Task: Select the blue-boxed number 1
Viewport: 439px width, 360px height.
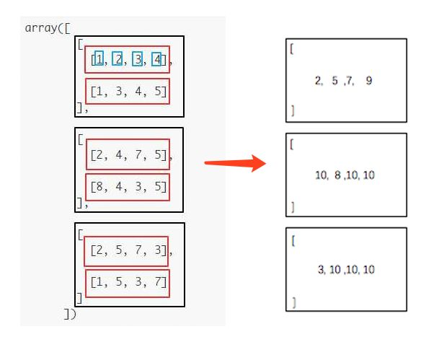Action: click(x=99, y=58)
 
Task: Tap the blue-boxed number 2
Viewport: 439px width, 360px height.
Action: click(x=117, y=58)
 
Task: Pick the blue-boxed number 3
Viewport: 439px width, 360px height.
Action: click(x=137, y=58)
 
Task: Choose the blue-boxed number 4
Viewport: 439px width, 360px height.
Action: click(x=156, y=58)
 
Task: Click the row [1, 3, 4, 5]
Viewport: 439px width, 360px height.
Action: click(x=128, y=92)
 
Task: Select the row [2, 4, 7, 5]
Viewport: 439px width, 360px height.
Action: click(x=128, y=154)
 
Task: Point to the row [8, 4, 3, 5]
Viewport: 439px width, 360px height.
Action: click(x=128, y=187)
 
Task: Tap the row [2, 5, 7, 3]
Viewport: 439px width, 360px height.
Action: click(x=127, y=251)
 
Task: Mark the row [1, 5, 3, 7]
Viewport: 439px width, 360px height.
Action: click(x=128, y=282)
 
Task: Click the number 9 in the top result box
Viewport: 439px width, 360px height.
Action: click(x=369, y=81)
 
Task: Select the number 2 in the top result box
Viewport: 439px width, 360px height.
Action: click(x=318, y=81)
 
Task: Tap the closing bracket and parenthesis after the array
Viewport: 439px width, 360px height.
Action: click(x=69, y=314)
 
